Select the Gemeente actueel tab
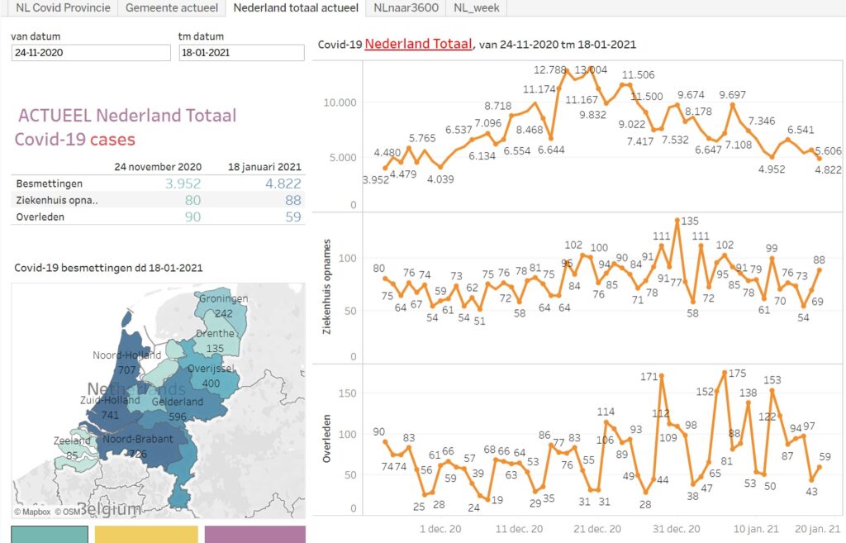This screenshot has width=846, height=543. click(172, 8)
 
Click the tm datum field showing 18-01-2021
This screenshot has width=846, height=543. click(241, 53)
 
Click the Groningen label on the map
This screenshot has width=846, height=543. click(223, 299)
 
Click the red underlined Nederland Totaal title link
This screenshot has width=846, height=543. click(418, 44)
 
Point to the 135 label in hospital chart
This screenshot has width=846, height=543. click(689, 221)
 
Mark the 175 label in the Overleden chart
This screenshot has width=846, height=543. click(737, 374)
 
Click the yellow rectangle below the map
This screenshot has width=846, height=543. click(146, 534)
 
